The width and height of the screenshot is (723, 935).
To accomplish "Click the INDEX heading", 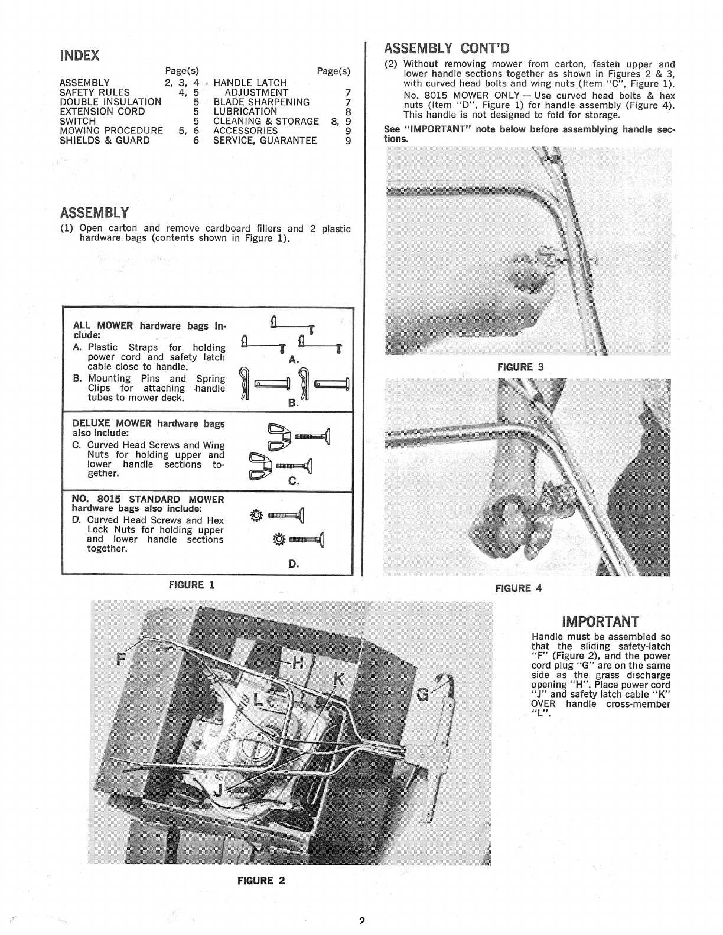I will (79, 56).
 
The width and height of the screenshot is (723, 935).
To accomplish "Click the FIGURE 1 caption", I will (191, 585).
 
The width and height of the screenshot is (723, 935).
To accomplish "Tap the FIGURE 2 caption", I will (261, 880).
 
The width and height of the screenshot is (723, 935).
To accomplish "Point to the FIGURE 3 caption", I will (520, 367).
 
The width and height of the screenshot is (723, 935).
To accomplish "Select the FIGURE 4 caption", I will (518, 588).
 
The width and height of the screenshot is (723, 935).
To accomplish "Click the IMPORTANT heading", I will (600, 622).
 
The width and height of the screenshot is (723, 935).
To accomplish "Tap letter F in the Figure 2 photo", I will (122, 658).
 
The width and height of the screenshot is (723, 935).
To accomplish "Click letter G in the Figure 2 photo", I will (423, 695).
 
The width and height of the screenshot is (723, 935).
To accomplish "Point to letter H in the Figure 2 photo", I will (299, 663).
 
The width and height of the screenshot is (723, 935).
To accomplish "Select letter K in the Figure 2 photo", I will (338, 680).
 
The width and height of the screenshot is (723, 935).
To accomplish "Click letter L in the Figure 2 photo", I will (259, 701).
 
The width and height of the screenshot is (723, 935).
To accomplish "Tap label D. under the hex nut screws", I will (294, 563).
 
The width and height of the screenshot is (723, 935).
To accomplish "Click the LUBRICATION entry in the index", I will (245, 112).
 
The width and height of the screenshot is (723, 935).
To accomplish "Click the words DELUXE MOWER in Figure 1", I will (112, 423).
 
